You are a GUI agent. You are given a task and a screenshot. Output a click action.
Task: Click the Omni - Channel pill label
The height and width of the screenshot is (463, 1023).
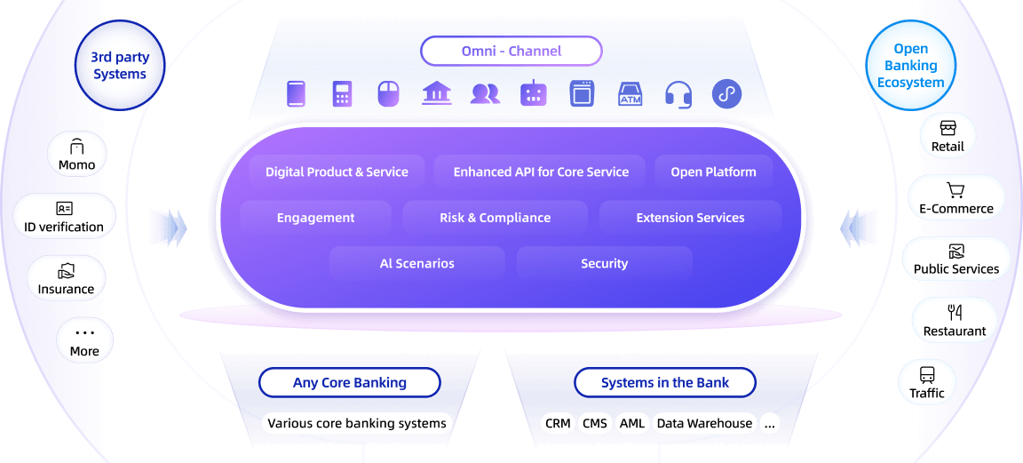(511, 51)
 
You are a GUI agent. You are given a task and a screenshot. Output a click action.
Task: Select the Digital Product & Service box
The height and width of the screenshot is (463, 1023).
(337, 172)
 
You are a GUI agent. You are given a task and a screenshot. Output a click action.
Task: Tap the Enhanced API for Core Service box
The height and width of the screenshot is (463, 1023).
(541, 172)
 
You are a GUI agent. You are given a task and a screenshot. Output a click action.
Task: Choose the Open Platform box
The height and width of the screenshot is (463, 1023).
(713, 172)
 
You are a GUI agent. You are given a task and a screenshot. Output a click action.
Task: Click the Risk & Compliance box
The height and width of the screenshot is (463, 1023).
(495, 218)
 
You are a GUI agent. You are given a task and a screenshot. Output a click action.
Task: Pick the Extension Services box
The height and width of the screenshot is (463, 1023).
(690, 218)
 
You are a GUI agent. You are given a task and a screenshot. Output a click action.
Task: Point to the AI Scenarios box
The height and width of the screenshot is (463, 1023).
(416, 264)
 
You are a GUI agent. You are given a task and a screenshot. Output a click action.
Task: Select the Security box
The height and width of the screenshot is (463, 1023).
(604, 264)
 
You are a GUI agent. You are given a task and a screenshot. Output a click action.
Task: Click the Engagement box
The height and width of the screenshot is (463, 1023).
(315, 218)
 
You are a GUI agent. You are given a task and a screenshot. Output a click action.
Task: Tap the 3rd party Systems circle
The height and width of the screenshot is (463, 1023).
(120, 66)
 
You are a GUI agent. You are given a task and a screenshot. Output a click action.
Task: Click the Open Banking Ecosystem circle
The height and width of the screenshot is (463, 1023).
(910, 66)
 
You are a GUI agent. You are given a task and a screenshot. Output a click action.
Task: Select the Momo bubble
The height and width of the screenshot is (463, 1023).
(76, 155)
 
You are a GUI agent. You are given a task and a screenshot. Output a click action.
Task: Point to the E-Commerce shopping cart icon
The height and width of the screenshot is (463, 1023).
(956, 190)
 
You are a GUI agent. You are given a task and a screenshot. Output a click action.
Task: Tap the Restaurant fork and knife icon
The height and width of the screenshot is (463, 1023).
(955, 312)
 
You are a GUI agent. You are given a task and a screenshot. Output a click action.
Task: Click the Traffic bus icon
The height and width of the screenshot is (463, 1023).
(927, 374)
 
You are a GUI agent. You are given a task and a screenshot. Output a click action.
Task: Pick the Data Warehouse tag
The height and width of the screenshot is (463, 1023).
(704, 423)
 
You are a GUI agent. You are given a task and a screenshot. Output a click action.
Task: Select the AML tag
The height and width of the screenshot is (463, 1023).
(632, 423)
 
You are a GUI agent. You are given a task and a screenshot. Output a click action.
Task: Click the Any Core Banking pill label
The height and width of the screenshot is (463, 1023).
(350, 383)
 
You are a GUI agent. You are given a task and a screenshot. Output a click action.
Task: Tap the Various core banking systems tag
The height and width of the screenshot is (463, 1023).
(357, 423)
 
